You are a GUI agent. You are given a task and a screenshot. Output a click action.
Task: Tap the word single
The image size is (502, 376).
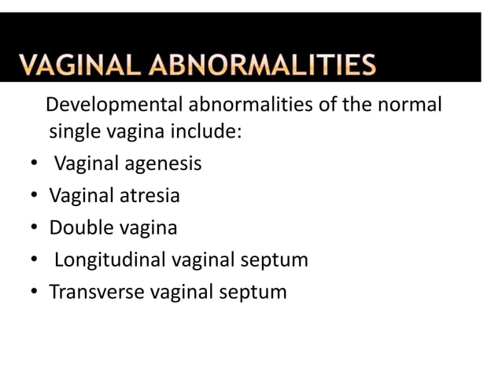(76, 131)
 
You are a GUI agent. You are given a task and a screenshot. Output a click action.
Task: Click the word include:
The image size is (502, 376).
(206, 131)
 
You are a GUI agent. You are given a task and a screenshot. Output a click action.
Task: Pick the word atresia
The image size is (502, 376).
(149, 196)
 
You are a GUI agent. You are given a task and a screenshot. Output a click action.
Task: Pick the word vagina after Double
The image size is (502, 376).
(149, 229)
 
